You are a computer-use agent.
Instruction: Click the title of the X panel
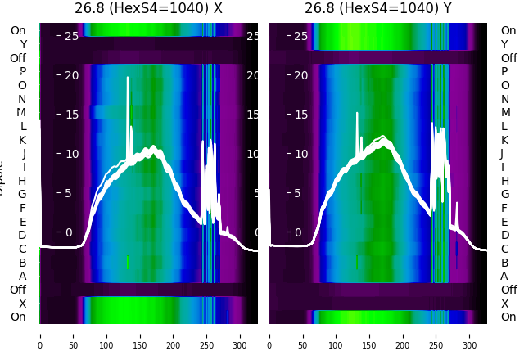pos(148,9)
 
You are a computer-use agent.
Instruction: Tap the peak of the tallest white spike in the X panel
pos(128,77)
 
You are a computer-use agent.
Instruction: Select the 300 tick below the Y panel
pos(470,335)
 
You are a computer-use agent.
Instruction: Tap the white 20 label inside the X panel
pos(70,75)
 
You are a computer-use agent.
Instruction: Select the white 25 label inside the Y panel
pos(300,36)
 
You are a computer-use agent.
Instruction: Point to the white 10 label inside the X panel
pos(70,154)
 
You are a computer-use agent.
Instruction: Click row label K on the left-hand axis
pos(23,140)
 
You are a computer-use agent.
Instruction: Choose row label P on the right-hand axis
pos(504,71)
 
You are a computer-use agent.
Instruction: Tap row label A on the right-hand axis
pos(504,276)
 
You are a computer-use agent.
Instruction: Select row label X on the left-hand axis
pos(23,304)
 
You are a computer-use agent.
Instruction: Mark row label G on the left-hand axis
pos(22,194)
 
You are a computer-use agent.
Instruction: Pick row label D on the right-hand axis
pos(504,235)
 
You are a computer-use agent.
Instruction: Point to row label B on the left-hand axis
pos(23,263)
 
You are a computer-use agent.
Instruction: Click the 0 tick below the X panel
pos(40,335)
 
